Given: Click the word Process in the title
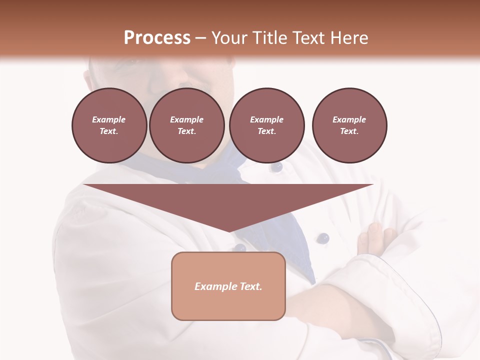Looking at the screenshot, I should [x=157, y=38].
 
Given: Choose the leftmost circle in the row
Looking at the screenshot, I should [x=109, y=125].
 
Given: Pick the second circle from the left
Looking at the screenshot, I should [x=186, y=125].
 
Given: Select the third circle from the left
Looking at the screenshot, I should [x=266, y=125].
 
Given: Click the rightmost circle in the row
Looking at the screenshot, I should [x=349, y=125].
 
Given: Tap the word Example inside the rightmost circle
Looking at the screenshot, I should [x=349, y=119].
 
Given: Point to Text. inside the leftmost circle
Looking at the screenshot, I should [x=109, y=131].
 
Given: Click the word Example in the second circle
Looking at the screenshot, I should [x=186, y=119].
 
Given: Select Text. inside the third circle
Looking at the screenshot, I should [x=266, y=131].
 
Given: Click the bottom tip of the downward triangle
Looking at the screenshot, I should [x=229, y=231].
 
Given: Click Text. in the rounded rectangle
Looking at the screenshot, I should [x=251, y=286].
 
